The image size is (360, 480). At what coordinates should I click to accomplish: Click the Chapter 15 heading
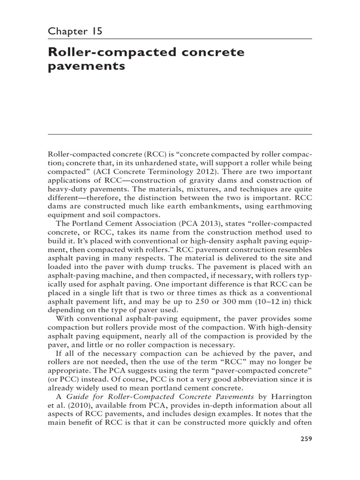75,31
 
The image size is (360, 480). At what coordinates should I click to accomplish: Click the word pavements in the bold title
87,66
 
